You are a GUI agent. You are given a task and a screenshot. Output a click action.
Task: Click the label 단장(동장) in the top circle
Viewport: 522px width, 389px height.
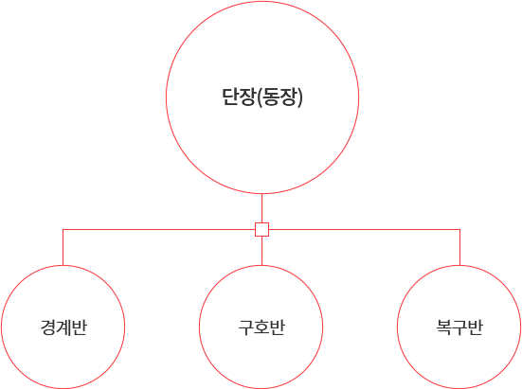(x=262, y=97)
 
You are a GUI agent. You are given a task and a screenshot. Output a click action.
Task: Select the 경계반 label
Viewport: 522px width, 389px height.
(x=63, y=327)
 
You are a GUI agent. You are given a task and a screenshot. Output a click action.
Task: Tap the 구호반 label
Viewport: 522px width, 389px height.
(x=261, y=327)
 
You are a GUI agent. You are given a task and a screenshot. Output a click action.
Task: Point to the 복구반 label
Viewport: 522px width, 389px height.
(x=459, y=327)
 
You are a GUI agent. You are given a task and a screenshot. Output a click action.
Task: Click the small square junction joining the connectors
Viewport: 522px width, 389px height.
(x=262, y=229)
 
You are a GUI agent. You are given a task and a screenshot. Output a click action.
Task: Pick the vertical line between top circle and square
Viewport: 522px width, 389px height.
(x=262, y=208)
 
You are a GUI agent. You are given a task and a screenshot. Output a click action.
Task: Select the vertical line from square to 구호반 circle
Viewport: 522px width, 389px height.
(x=262, y=251)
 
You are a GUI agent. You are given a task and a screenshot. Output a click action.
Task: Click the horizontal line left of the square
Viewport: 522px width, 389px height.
(x=159, y=229)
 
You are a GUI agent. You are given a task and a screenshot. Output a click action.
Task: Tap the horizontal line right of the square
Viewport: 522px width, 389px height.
(x=365, y=229)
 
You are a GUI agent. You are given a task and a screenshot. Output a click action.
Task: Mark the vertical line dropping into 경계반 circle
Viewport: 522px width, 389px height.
(x=63, y=247)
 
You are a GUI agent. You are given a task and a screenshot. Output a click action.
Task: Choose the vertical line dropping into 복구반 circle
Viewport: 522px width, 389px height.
(x=460, y=247)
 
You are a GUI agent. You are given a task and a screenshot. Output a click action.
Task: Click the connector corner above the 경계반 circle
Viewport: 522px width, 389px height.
(x=63, y=229)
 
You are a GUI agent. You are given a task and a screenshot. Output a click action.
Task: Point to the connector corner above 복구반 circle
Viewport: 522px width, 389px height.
(x=460, y=229)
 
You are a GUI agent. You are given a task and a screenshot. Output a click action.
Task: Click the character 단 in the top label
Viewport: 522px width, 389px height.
(x=230, y=97)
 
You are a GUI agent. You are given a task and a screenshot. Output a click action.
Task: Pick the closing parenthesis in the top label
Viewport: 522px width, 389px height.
(x=300, y=97)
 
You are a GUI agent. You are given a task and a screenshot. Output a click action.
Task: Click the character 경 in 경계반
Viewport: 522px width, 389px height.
(x=48, y=327)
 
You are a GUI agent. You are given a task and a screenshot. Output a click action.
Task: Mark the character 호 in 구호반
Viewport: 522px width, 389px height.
(x=261, y=327)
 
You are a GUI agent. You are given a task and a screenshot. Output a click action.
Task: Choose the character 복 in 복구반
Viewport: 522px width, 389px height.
(x=443, y=327)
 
